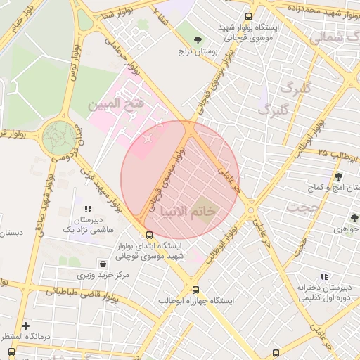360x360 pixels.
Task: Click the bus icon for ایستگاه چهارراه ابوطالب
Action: pos(195,290)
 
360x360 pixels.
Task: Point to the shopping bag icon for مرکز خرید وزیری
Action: pos(103,264)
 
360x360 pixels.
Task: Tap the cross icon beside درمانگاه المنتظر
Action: pos(26,326)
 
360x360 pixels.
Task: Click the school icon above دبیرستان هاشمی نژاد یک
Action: pos(88,209)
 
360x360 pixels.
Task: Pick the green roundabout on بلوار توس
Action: pos(59,137)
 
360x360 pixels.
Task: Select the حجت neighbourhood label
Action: pos(304,208)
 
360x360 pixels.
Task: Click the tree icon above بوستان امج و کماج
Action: pos(339,176)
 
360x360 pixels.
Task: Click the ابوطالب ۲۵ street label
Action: pos(313,153)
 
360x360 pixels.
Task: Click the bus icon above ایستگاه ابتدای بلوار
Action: pos(148,236)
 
